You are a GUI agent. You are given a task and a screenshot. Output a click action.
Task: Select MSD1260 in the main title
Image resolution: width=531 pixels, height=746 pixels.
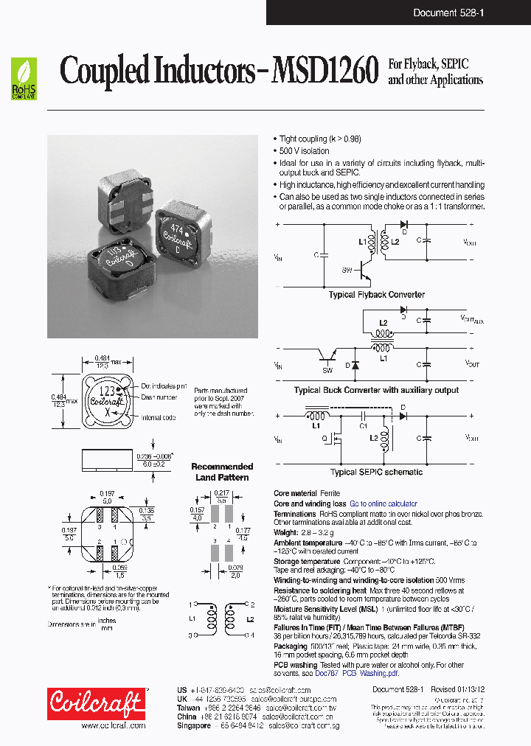click(x=325, y=72)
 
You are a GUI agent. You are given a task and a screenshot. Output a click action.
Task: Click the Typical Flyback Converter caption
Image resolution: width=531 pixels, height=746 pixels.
click(x=376, y=295)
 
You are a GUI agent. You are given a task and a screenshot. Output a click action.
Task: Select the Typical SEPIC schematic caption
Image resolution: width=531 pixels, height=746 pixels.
click(x=376, y=472)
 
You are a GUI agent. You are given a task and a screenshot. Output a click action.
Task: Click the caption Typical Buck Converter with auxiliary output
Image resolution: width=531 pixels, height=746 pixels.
click(x=376, y=390)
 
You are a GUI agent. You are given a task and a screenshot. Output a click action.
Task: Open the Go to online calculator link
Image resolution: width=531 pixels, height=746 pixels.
click(x=383, y=504)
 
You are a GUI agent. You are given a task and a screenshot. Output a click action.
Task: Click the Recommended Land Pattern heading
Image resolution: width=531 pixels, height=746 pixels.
click(x=222, y=472)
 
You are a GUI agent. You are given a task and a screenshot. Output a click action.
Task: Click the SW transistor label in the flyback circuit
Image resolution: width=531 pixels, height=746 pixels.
click(x=347, y=271)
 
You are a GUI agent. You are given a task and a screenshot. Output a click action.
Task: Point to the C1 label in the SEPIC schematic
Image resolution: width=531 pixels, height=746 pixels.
click(x=363, y=426)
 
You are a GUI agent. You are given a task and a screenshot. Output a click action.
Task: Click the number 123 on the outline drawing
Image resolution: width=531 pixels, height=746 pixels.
click(x=107, y=391)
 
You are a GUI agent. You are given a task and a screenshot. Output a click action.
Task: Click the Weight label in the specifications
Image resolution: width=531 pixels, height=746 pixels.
click(x=286, y=532)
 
